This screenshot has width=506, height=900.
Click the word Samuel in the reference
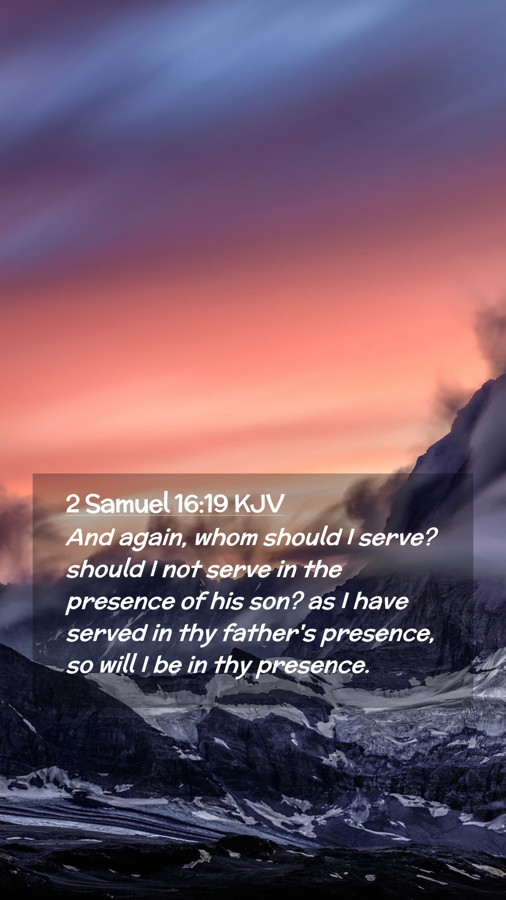[127, 503]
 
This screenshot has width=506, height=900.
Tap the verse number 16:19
[201, 504]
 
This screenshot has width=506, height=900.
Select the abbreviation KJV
[259, 504]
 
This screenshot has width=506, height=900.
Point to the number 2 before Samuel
[73, 504]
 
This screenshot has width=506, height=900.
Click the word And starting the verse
[90, 537]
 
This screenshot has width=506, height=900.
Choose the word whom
[226, 537]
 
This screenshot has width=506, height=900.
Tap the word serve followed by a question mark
[398, 538]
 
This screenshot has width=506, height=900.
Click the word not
[182, 570]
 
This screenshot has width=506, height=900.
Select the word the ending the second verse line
[322, 569]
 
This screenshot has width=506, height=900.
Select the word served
[107, 633]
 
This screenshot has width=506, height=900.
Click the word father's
[269, 633]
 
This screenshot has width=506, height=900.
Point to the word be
[167, 665]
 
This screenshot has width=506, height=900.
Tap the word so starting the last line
[80, 667]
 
